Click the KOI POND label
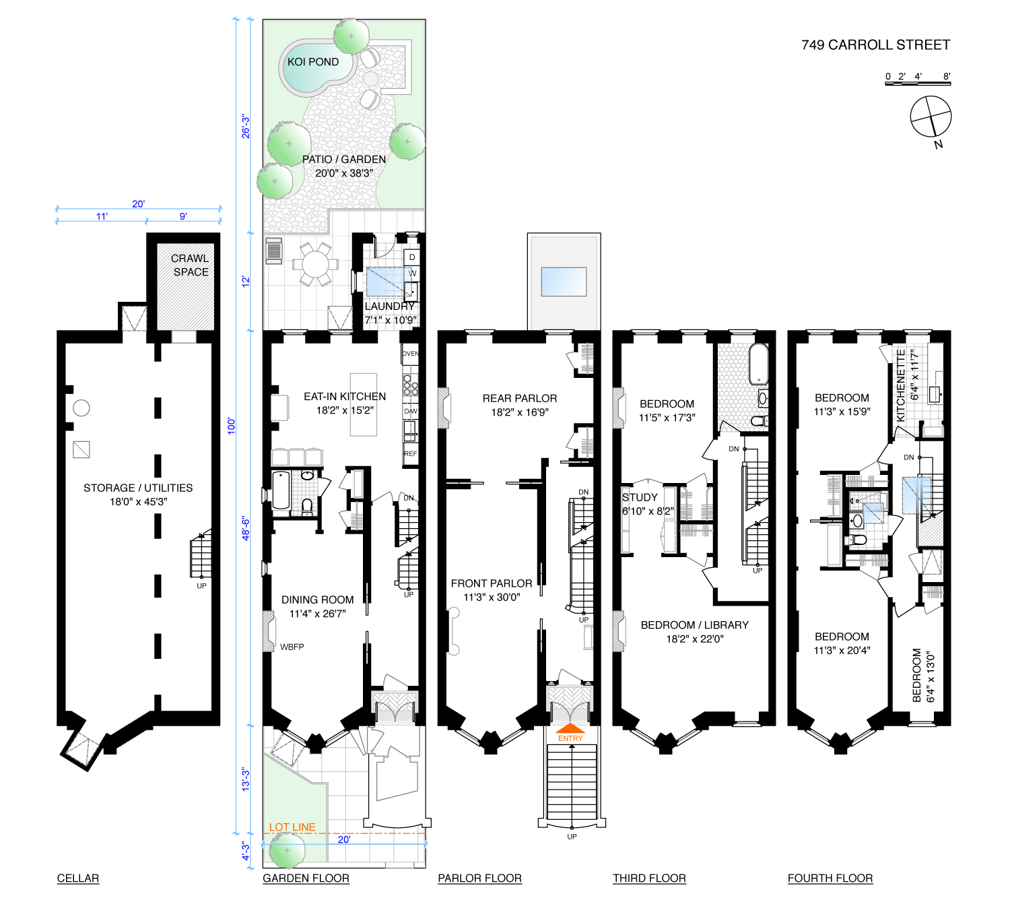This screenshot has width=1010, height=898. click(312, 62)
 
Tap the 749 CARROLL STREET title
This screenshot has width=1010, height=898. click(875, 45)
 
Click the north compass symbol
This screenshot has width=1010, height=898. click(931, 117)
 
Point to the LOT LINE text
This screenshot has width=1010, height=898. click(292, 827)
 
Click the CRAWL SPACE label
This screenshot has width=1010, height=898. click(190, 265)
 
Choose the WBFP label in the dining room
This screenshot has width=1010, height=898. click(292, 647)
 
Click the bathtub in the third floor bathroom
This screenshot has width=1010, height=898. click(757, 364)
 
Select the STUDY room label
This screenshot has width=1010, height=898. click(639, 497)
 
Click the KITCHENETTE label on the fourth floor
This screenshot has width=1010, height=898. click(900, 385)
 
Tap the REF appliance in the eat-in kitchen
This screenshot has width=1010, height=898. click(410, 454)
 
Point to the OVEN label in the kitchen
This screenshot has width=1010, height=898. click(410, 354)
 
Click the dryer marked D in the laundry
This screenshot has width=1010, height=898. click(412, 257)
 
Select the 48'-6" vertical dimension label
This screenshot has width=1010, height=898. click(245, 529)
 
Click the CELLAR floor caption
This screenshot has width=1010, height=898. click(77, 878)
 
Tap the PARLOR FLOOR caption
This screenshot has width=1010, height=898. click(479, 878)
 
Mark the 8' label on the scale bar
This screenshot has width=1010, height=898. click(946, 76)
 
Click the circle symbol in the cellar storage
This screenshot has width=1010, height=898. click(81, 408)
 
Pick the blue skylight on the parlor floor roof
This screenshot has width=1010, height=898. click(564, 282)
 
